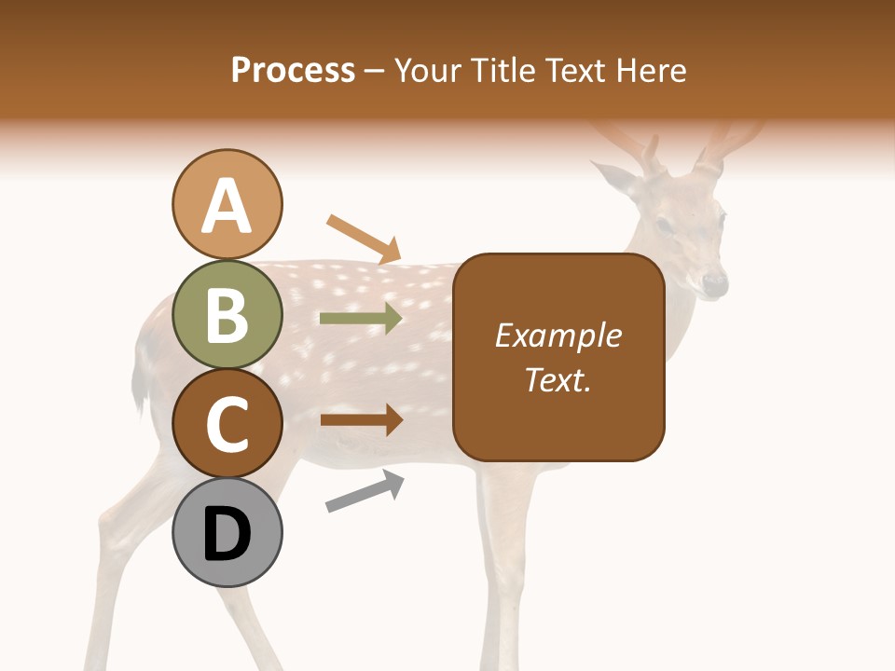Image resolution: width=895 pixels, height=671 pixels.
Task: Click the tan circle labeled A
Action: (x=227, y=204)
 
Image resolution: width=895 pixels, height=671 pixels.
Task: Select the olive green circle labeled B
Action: (x=227, y=314)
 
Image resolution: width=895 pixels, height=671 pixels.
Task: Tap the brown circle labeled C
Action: (x=227, y=423)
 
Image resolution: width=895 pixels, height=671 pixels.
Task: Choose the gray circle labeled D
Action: (x=227, y=532)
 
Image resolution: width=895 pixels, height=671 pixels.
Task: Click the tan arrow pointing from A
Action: (x=365, y=239)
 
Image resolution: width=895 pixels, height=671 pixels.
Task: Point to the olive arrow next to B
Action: (x=361, y=319)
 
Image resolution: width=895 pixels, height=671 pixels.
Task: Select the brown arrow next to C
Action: (x=361, y=419)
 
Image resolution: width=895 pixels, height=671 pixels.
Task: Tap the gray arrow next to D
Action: (x=365, y=491)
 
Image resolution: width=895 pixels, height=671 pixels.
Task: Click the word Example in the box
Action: (x=558, y=335)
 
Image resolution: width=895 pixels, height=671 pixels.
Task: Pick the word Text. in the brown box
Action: (x=558, y=379)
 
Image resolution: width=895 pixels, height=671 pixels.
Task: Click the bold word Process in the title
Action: (x=293, y=70)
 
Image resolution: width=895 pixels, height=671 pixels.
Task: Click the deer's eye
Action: (x=664, y=225)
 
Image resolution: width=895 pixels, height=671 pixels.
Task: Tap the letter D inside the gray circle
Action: (x=227, y=534)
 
